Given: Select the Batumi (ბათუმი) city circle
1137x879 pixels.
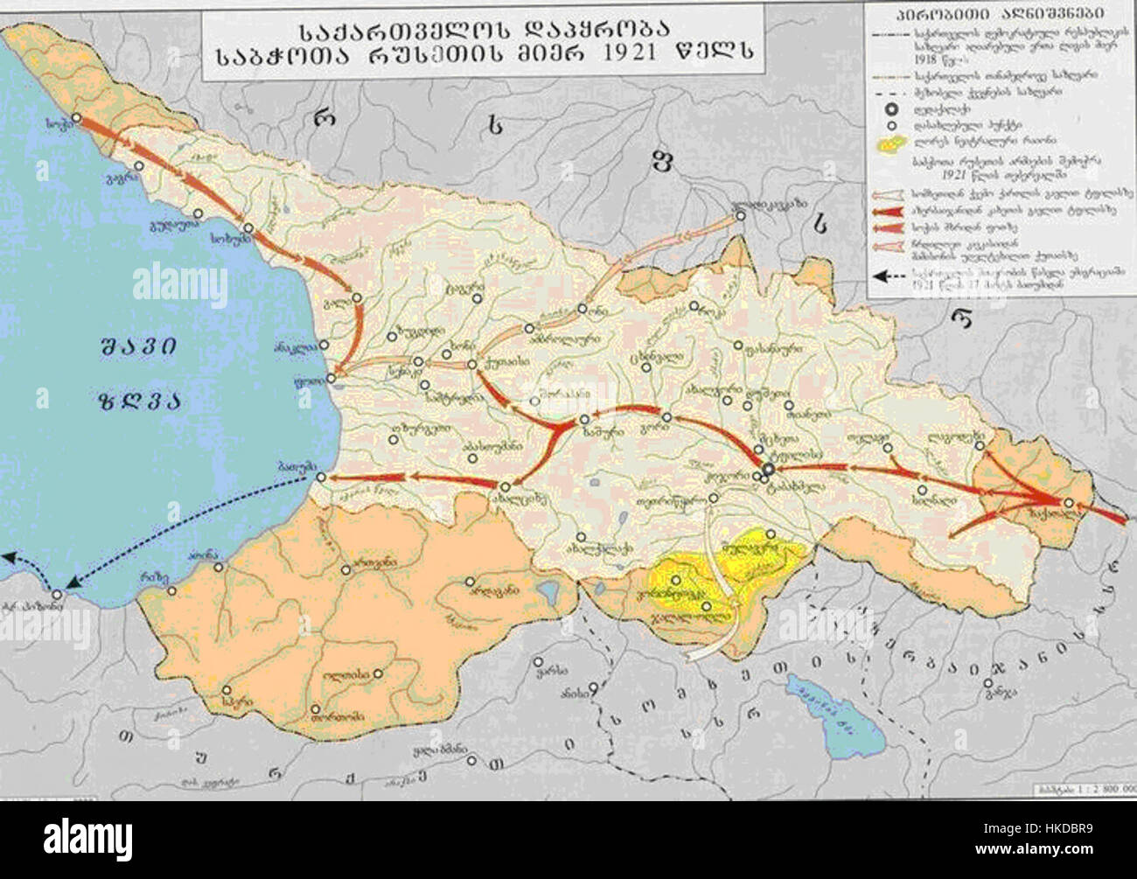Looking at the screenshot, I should coord(322,478).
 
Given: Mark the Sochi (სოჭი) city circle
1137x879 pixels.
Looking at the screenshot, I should coord(76,116).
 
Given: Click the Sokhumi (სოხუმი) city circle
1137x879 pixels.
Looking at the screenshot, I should coord(248,228).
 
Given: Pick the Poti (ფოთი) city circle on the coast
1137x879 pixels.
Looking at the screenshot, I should coord(331,379).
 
